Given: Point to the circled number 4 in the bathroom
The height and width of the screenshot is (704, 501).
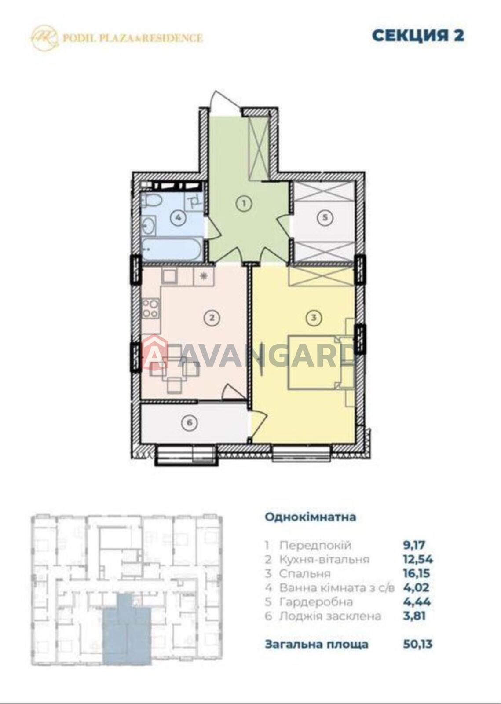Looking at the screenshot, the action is click(x=178, y=217).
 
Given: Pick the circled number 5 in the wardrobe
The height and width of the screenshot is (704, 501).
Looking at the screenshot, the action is click(x=325, y=217).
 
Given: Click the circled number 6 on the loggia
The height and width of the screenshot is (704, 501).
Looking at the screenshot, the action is click(x=189, y=422).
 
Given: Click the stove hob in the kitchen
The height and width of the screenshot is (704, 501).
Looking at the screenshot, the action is click(x=150, y=308).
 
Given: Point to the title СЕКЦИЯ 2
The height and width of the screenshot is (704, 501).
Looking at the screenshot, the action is click(x=418, y=36).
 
